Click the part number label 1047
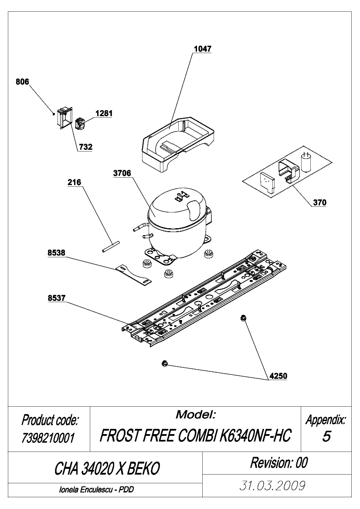[202, 49]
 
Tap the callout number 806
[22, 82]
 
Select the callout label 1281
[104, 113]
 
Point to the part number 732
[85, 147]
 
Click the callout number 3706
[122, 173]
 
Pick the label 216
[75, 182]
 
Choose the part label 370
[320, 202]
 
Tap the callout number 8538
[57, 253]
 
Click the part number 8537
[57, 298]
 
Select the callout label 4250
[278, 376]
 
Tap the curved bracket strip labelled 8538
[133, 274]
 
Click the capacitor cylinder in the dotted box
[306, 162]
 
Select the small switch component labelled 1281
[80, 124]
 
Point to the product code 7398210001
[48, 438]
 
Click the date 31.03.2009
[272, 485]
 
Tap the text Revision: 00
[278, 463]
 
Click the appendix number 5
[326, 437]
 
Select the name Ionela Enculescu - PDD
[96, 489]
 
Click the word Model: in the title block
[196, 415]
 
